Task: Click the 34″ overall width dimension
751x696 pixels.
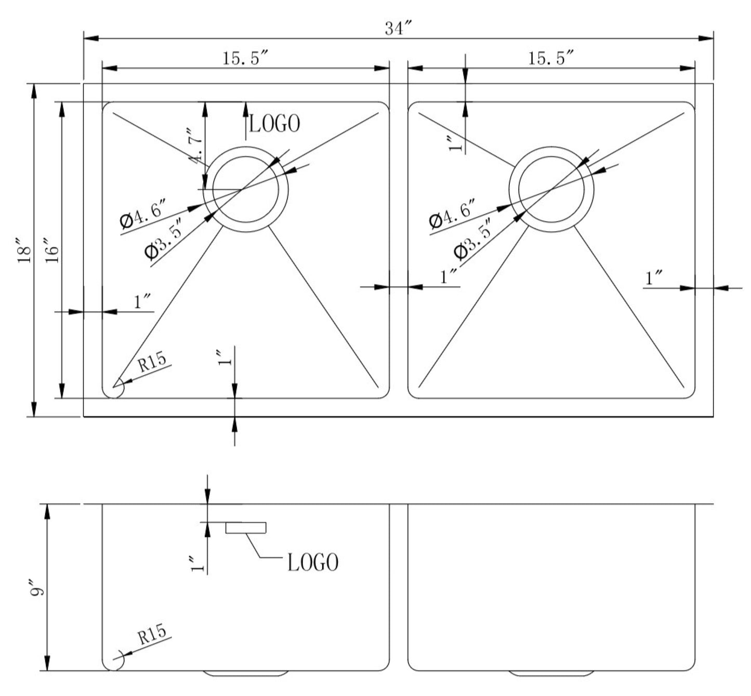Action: (x=398, y=29)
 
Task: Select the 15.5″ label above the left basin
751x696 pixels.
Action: (x=245, y=58)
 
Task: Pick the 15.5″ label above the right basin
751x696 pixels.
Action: (x=551, y=58)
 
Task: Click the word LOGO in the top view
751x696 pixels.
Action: (x=274, y=124)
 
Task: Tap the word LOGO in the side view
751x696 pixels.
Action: (x=313, y=562)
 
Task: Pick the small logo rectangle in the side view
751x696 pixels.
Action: (x=246, y=528)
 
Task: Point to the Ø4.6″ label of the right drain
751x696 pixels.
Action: (x=451, y=213)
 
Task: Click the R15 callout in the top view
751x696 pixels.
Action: (x=151, y=361)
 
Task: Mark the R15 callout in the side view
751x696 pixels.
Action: (x=151, y=634)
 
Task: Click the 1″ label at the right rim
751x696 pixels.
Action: (x=653, y=278)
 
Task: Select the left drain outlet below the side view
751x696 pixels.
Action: (x=246, y=673)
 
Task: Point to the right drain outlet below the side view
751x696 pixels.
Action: (x=551, y=673)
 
